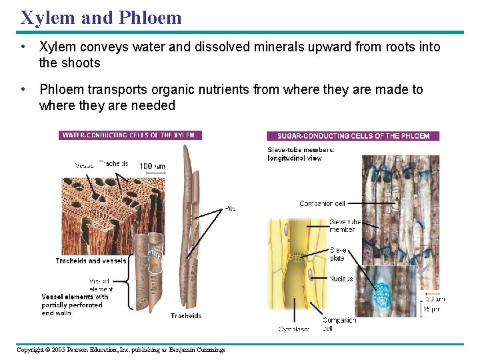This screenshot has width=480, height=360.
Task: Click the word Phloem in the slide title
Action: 150,17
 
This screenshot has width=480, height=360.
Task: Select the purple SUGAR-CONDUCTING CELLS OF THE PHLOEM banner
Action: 353,136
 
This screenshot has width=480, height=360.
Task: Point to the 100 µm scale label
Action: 152,165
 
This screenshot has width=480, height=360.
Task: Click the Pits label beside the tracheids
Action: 230,208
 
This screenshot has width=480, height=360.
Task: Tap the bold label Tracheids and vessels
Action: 91,261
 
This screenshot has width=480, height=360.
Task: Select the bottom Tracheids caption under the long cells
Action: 185,315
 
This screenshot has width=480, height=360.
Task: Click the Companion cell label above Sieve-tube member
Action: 322,203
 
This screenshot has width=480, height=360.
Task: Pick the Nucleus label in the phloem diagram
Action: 341,279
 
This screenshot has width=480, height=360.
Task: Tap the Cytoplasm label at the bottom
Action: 294,329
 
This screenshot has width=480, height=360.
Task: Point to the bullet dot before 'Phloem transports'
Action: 23,89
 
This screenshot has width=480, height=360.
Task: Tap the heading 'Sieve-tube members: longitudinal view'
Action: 301,154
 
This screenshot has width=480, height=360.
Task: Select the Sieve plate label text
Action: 338,253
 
